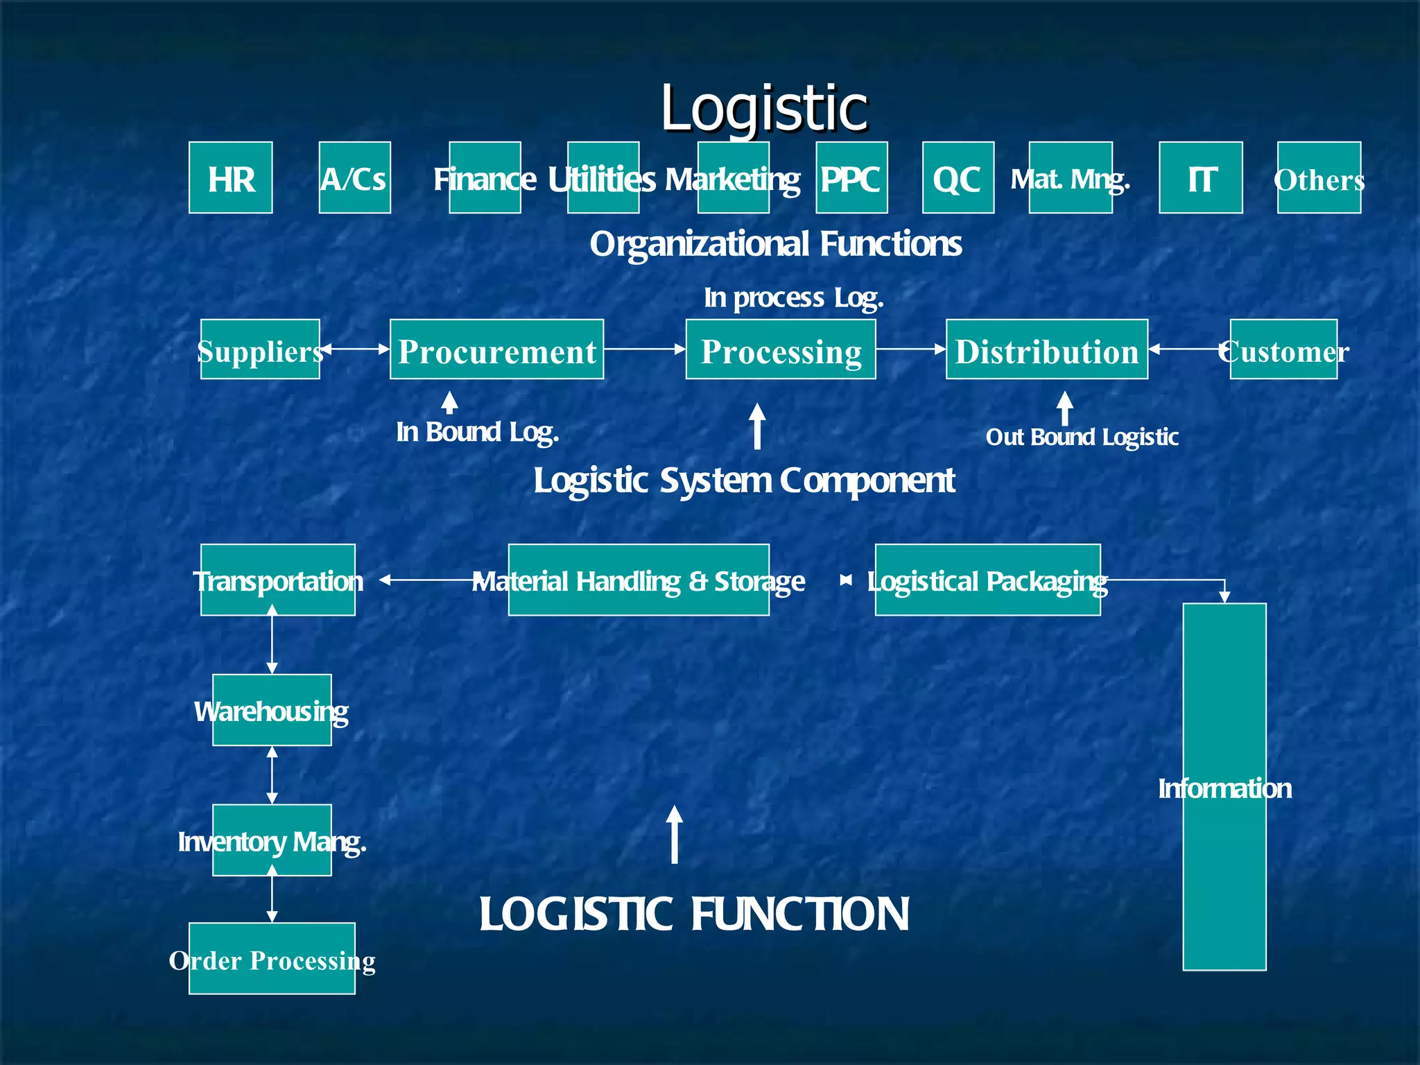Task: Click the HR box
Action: click(230, 177)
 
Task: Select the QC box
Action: click(958, 177)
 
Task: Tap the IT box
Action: click(1200, 177)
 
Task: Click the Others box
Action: click(1319, 177)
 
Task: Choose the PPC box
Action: click(851, 177)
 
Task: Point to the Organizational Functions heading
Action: click(775, 244)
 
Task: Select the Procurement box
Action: click(496, 349)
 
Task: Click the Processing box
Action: click(781, 349)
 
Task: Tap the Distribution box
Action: click(1046, 349)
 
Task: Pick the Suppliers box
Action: click(260, 349)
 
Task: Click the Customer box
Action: click(1283, 349)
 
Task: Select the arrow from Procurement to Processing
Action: click(644, 349)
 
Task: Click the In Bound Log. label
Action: click(477, 433)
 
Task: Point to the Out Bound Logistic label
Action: click(1082, 438)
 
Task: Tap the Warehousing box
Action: click(272, 710)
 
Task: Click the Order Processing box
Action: click(272, 959)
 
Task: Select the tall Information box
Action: click(1224, 786)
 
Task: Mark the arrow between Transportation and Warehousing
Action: click(272, 639)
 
